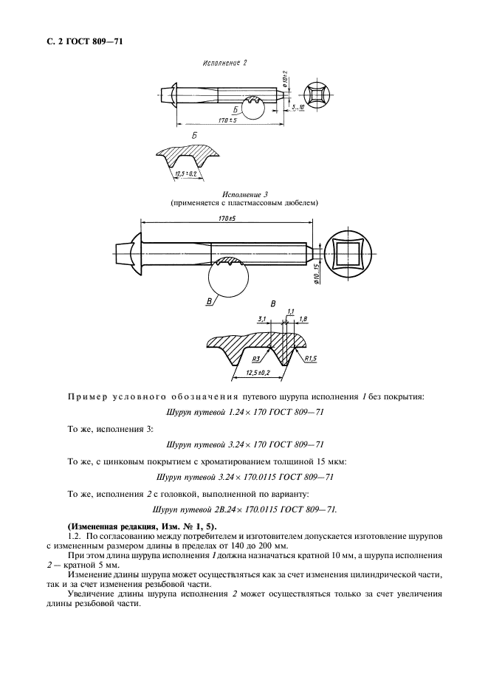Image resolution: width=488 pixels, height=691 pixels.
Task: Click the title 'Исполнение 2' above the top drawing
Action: [224, 63]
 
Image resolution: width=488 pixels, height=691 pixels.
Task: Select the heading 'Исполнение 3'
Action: [244, 194]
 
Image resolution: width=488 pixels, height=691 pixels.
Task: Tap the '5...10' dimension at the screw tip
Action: [298, 109]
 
